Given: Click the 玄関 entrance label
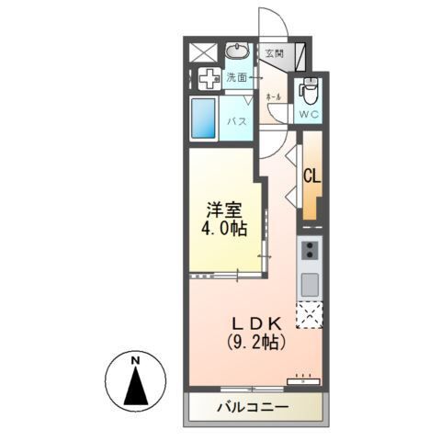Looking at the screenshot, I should [274, 54].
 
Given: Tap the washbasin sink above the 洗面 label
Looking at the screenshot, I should [238, 51].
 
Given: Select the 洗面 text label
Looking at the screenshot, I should [238, 78].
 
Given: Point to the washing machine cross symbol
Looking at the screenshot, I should [208, 79].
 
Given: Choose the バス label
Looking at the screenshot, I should [237, 120].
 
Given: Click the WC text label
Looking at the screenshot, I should [308, 115].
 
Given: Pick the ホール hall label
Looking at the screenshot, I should [273, 96].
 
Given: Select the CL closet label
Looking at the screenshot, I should [311, 175].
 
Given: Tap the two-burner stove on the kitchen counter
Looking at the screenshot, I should [310, 249].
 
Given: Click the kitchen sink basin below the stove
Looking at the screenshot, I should [310, 281].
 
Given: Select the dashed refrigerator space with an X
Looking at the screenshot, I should [310, 314].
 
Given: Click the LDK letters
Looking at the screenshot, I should [257, 322].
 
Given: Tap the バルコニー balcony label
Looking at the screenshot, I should [253, 406].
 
